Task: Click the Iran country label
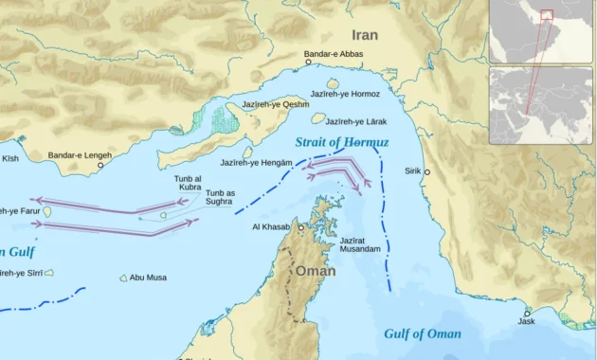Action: click(365, 35)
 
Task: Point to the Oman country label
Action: click(316, 271)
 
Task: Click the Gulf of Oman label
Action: click(423, 333)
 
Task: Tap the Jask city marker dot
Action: click(527, 313)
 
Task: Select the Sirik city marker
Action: click(426, 172)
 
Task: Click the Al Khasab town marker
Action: click(301, 227)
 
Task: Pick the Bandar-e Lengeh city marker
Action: click(99, 164)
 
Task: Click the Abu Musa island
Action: click(123, 278)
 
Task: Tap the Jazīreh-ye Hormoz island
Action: click(333, 84)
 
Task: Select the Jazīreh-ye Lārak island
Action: click(318, 118)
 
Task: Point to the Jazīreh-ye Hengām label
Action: click(256, 163)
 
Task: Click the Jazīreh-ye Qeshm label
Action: click(275, 104)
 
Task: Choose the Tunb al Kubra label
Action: click(188, 183)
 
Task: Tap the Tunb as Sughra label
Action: click(220, 197)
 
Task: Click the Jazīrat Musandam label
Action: click(360, 243)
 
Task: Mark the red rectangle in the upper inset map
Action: click(546, 14)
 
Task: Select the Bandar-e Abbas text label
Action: click(334, 54)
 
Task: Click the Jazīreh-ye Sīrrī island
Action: click(48, 273)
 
